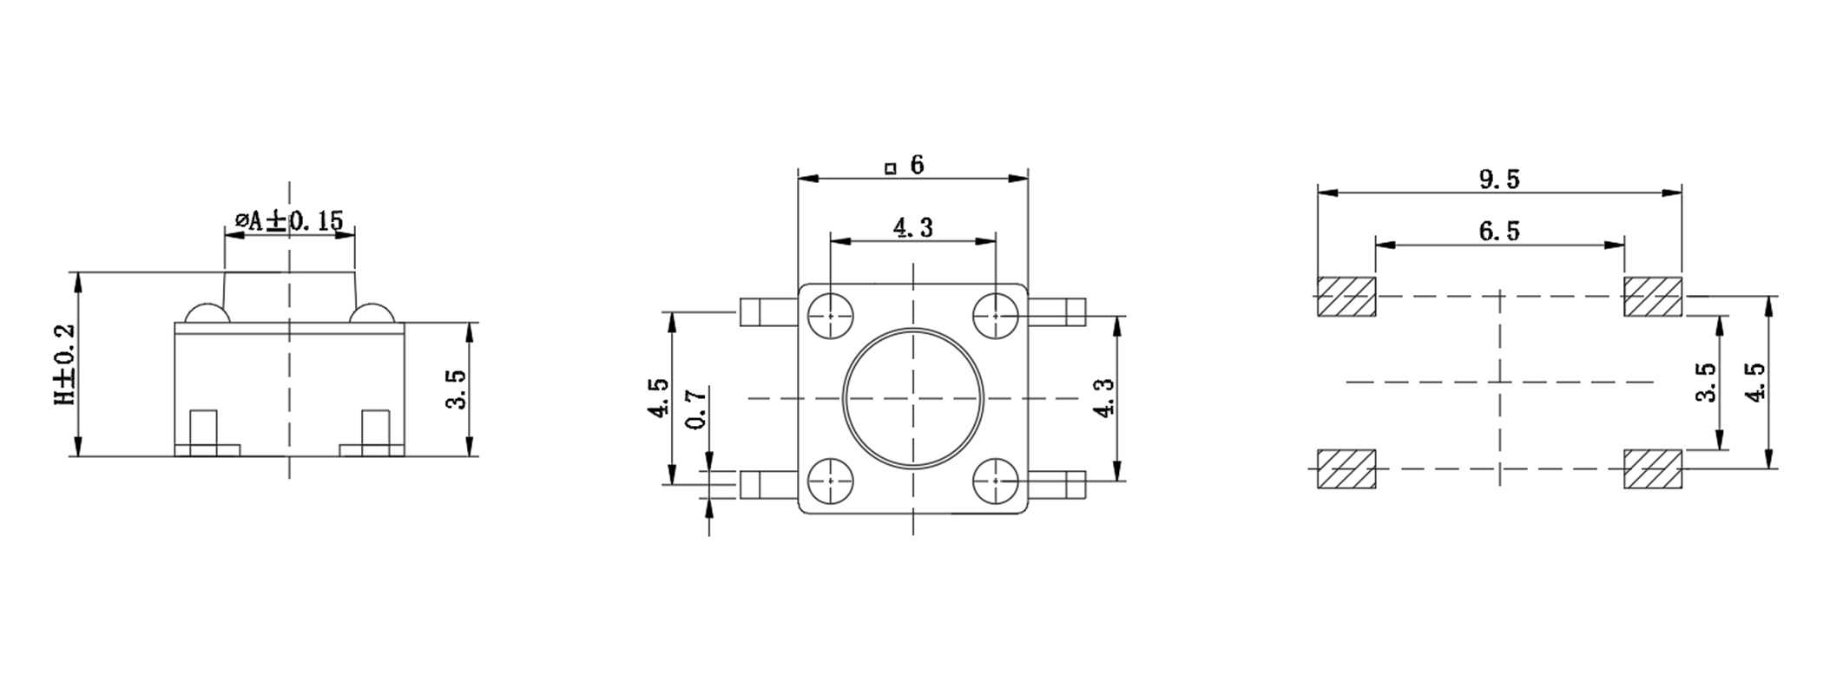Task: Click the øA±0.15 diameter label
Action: click(x=289, y=220)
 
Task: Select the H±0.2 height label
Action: click(x=65, y=365)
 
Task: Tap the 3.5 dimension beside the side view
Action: click(x=457, y=389)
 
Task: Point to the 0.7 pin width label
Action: click(x=695, y=408)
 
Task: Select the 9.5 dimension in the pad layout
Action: click(x=1500, y=179)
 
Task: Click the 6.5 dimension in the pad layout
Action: click(x=1500, y=231)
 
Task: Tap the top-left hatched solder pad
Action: click(x=1346, y=297)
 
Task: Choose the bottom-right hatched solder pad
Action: click(x=1653, y=469)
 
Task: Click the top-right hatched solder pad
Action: click(x=1653, y=297)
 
